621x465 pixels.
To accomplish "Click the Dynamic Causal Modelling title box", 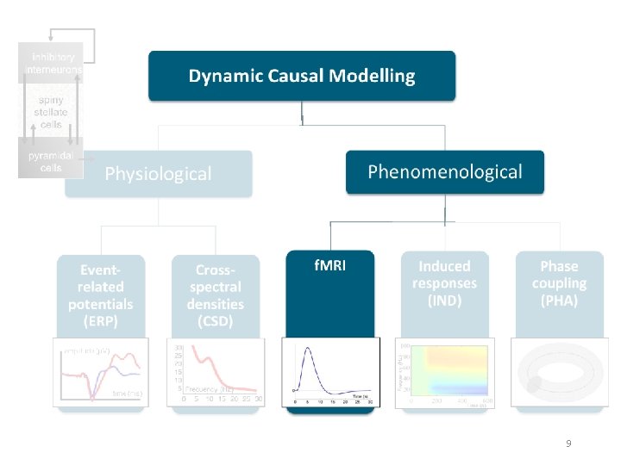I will click(x=302, y=76).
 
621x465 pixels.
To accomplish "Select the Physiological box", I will click(x=158, y=173).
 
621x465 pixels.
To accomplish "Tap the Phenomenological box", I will click(x=445, y=171).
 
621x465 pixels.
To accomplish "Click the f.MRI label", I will click(x=330, y=265).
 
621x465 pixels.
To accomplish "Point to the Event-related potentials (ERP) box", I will click(x=101, y=294).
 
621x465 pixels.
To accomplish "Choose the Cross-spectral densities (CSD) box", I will click(x=216, y=294).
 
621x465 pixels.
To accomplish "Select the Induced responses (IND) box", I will click(x=444, y=283).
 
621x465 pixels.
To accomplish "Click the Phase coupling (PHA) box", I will click(x=559, y=283).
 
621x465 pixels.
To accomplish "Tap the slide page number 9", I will click(x=568, y=443).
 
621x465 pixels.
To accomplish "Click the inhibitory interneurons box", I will click(x=51, y=63).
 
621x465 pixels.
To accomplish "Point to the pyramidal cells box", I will click(x=50, y=161).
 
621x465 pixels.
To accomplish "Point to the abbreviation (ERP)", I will click(x=101, y=321).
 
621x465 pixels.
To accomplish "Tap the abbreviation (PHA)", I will click(x=559, y=301).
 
